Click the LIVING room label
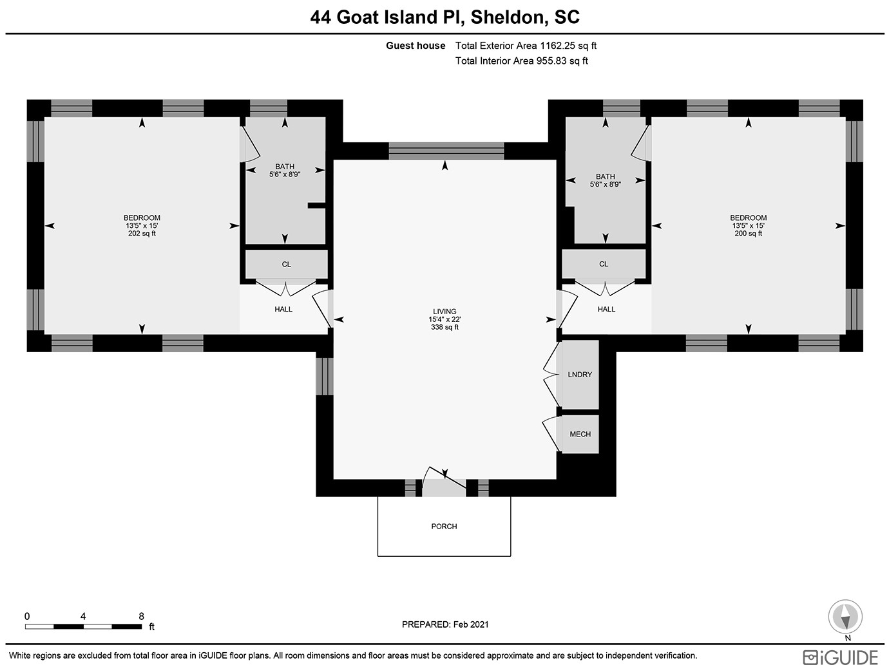[x=444, y=311]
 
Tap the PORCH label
[x=444, y=526]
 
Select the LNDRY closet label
[x=580, y=375]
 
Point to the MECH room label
[x=580, y=434]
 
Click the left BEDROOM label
[x=142, y=218]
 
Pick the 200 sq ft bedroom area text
[x=748, y=234]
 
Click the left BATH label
[x=285, y=166]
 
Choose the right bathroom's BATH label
[x=605, y=176]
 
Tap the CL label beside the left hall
[x=286, y=265]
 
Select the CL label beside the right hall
[x=604, y=264]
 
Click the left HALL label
[x=283, y=309]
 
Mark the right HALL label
[x=606, y=309]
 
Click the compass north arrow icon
[x=845, y=617]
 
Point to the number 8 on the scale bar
[x=141, y=617]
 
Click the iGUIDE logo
[x=840, y=657]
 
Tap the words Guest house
[x=415, y=46]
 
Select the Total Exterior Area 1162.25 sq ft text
[x=526, y=46]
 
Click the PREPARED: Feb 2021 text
[x=445, y=624]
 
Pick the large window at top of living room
[x=446, y=151]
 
